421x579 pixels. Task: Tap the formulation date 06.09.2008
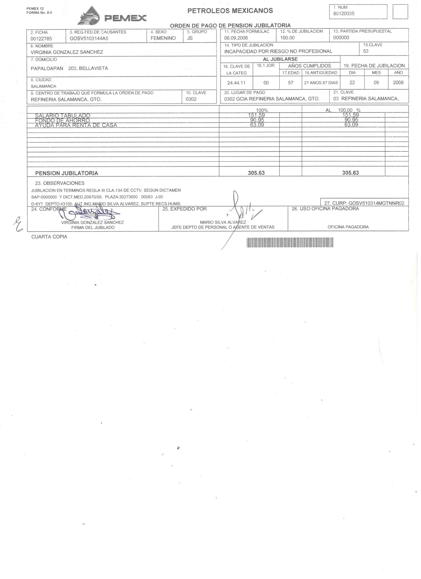pos(236,38)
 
